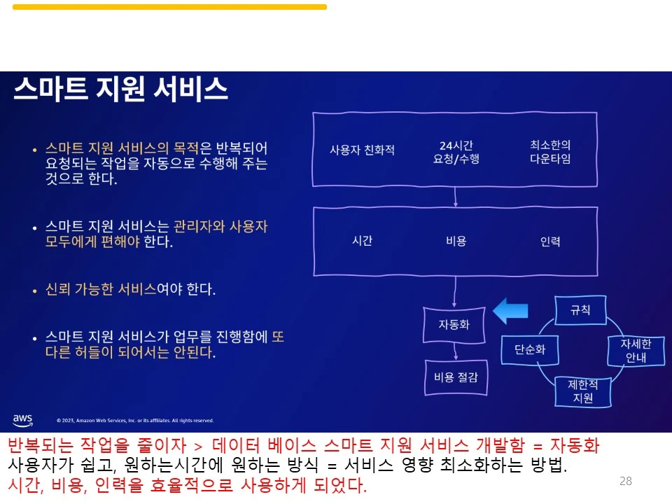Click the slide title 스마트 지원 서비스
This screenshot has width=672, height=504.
[x=121, y=90]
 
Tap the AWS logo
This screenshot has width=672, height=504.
[x=22, y=419]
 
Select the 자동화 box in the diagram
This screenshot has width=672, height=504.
[x=454, y=325]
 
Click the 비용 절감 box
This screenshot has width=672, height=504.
[x=456, y=377]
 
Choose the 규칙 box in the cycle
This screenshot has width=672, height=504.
[x=580, y=309]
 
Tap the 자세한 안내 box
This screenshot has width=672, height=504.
[x=636, y=351]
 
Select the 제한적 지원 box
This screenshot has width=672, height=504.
[x=582, y=391]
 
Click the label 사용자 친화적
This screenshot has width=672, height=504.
[x=362, y=150]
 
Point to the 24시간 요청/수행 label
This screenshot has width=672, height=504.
[x=456, y=152]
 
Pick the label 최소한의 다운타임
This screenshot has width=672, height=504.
[x=550, y=151]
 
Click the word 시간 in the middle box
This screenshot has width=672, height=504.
[x=362, y=241]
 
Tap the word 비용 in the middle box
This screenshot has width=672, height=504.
[x=456, y=241]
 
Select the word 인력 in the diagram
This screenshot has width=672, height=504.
[x=550, y=241]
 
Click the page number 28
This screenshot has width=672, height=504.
[x=626, y=481]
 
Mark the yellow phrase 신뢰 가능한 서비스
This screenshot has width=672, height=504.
[x=101, y=289]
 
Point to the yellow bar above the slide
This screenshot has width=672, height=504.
[x=169, y=7]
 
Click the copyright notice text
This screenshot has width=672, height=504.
[x=134, y=421]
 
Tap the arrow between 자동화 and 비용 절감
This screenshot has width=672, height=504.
[x=455, y=351]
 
